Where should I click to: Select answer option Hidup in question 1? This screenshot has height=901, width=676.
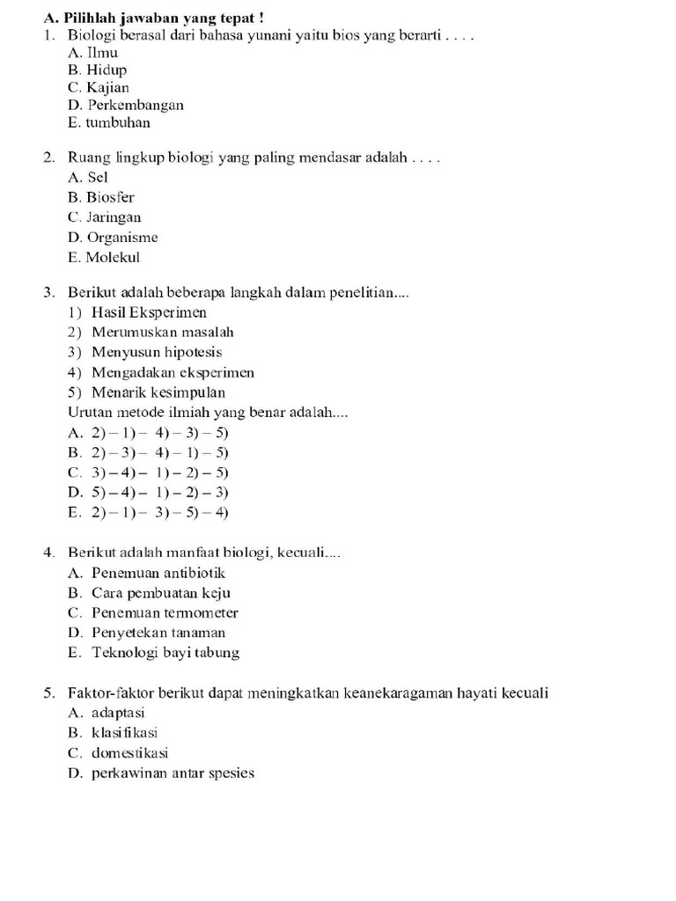click(x=106, y=70)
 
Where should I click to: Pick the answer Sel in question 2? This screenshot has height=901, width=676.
click(x=97, y=177)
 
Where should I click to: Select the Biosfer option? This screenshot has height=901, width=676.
click(x=110, y=197)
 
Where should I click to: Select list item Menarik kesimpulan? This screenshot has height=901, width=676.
click(x=158, y=392)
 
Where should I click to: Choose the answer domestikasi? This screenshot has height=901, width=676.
click(x=129, y=753)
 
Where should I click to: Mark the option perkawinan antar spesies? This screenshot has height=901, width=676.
click(x=173, y=773)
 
